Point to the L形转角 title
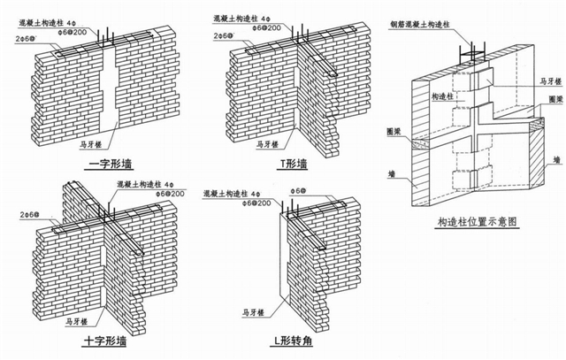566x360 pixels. [x=294, y=341]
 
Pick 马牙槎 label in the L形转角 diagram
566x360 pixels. [x=255, y=312]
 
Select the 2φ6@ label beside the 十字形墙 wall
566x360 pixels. [x=19, y=215]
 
